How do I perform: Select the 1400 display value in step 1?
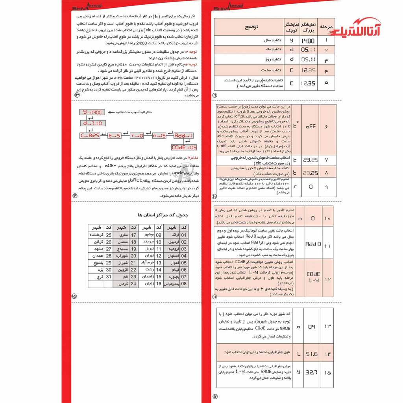tap(308, 41)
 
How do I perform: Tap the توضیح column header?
tap(252, 28)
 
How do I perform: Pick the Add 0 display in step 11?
tap(313, 244)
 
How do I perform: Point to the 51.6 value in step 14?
tap(312, 354)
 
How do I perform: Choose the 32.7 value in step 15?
tap(312, 372)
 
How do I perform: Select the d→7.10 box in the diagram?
tap(93, 124)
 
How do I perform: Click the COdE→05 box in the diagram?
tap(184, 147)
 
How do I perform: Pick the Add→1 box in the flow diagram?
tap(184, 135)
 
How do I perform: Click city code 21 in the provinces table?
tap(133, 263)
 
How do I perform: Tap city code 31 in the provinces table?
tap(109, 277)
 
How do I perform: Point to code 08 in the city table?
tap(184, 283)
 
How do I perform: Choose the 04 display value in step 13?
tap(312, 326)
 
